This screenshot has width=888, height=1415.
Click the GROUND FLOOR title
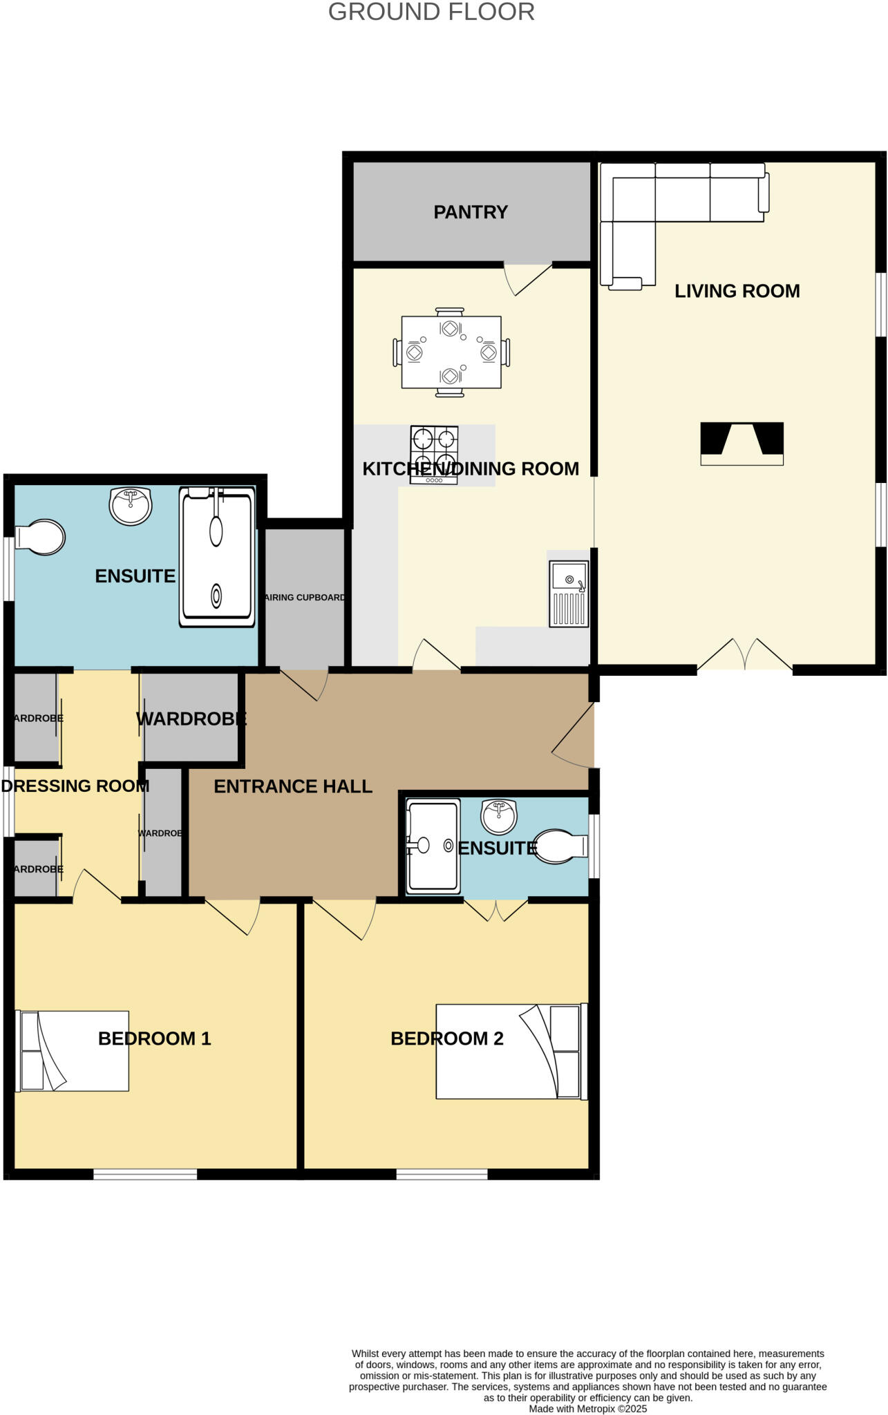tap(431, 12)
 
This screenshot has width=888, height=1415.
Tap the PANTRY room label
tap(471, 212)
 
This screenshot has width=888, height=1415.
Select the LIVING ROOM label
tap(737, 291)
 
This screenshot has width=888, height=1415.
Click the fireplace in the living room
tap(741, 444)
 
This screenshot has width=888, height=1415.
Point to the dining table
tap(451, 352)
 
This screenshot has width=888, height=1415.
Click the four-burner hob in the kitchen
tap(434, 455)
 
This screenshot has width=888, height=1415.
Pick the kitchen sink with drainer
tap(569, 593)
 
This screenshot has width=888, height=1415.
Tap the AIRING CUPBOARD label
tap(305, 598)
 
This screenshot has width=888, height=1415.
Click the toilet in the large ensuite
tap(41, 537)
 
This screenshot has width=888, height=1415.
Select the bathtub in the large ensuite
tap(217, 557)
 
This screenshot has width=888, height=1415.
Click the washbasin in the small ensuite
tap(498, 817)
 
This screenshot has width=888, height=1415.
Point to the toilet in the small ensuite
tap(558, 846)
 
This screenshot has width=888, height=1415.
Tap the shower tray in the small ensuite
tap(433, 845)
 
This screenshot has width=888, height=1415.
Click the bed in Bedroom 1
tap(73, 1051)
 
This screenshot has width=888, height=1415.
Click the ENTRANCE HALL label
tap(293, 786)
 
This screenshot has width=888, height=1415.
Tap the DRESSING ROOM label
tap(75, 786)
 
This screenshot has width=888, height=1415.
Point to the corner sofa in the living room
tap(663, 200)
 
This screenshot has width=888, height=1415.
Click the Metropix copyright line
tap(587, 1409)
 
